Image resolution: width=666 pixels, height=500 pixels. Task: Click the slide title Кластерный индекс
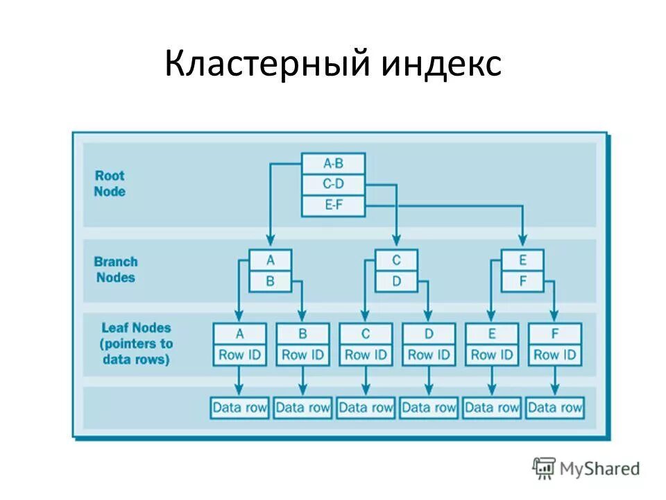333,65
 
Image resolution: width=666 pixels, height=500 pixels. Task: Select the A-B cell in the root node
333,164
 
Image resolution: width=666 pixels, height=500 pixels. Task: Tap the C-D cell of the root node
333,185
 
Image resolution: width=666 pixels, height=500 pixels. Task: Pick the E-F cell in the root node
333,206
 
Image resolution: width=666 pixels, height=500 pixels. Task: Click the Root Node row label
110,183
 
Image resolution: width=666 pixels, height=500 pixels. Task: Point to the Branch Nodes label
116,269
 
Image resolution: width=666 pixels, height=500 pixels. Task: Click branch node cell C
396,260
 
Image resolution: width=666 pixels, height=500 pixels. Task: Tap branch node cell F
522,281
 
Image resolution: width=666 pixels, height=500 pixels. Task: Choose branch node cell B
271,281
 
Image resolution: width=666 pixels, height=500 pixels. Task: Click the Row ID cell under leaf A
239,354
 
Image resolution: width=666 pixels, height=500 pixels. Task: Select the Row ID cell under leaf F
554,354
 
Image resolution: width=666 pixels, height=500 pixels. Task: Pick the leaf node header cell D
429,334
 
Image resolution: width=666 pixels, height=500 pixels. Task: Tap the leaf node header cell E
492,334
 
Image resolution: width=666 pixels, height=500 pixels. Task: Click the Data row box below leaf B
302,408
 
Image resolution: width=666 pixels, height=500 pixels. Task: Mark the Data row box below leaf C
366,408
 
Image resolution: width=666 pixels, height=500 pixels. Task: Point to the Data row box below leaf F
554,408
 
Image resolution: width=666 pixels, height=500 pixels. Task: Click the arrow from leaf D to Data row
429,381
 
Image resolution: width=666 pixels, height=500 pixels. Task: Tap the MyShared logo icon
544,468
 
